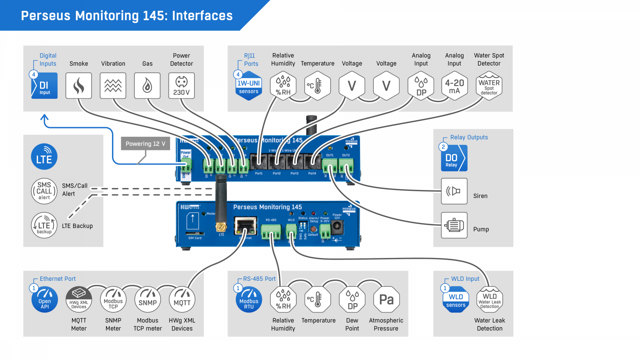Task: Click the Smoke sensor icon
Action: [x=79, y=86]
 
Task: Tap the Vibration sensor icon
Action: [x=113, y=86]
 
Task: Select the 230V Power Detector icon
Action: [x=182, y=86]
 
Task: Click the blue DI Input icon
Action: [x=44, y=86]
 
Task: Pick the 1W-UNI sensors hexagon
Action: [x=249, y=86]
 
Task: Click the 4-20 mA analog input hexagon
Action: [x=454, y=86]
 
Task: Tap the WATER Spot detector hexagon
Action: [x=489, y=86]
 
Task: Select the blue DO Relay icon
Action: [x=454, y=158]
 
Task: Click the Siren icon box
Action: [x=454, y=191]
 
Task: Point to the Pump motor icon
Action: [x=454, y=225]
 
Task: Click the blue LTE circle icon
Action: [x=44, y=156]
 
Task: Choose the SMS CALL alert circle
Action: [x=44, y=191]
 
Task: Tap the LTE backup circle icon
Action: [x=44, y=225]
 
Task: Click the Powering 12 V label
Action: [x=145, y=144]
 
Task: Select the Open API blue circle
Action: [x=44, y=300]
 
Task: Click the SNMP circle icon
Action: [x=148, y=300]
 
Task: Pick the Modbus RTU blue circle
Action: [x=249, y=300]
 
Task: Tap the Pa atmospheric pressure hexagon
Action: [x=386, y=300]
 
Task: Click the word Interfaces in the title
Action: [x=202, y=16]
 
